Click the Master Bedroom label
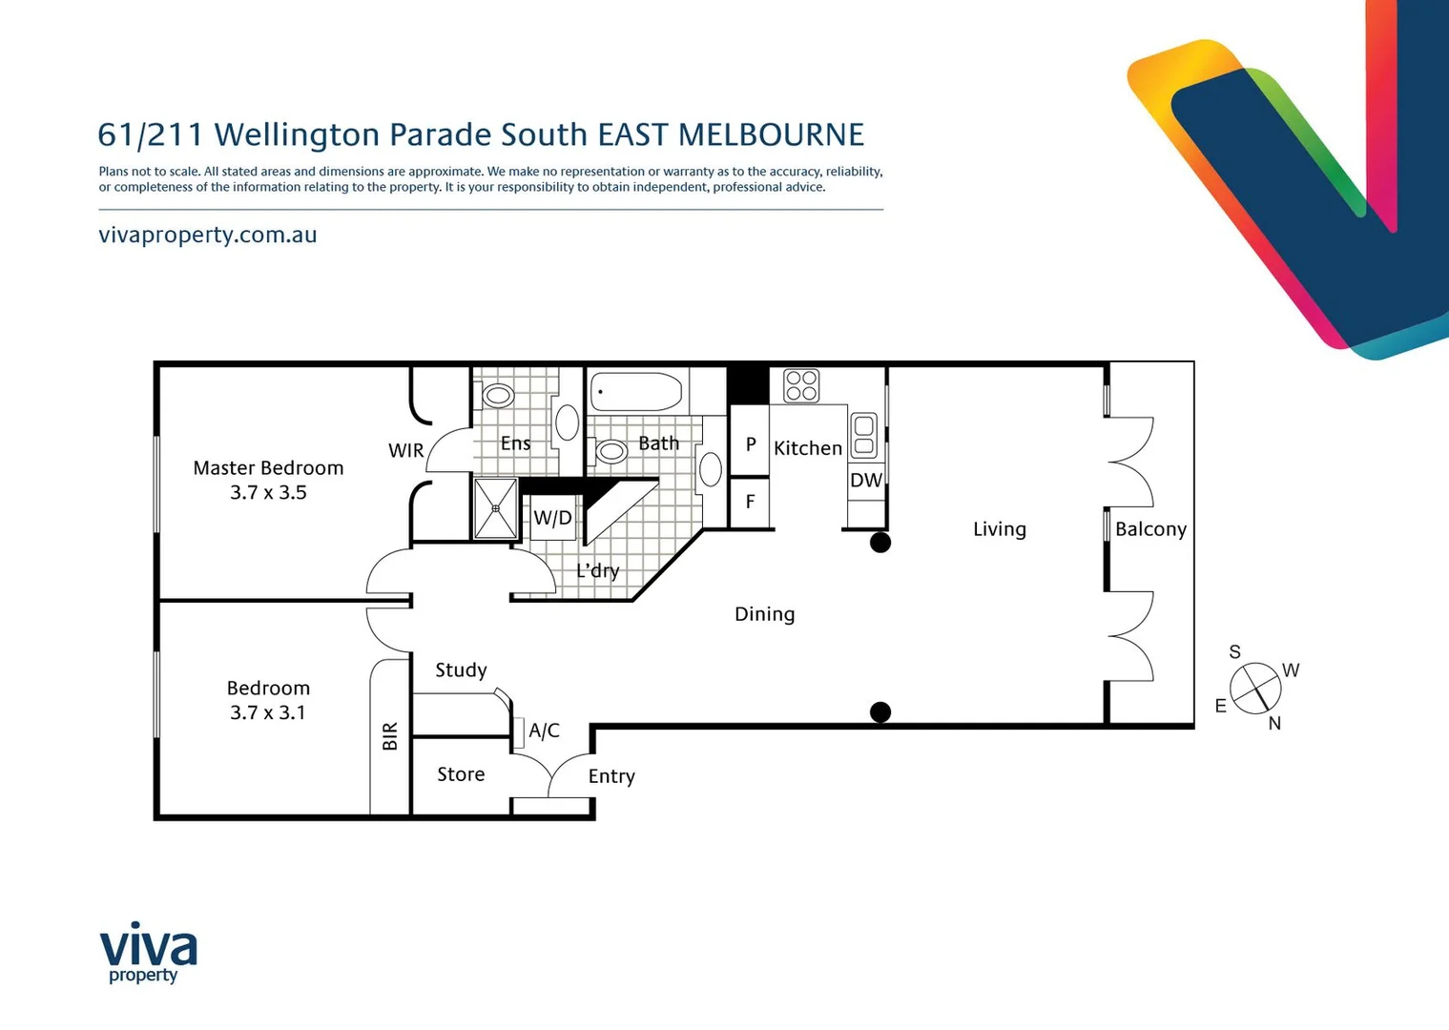click(268, 468)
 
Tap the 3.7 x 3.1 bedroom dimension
click(268, 712)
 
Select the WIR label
click(405, 450)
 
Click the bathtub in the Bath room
click(636, 392)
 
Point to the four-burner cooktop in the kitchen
click(801, 386)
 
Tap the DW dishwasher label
click(865, 481)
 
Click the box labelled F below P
click(750, 503)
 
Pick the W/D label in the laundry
click(552, 518)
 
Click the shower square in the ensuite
click(496, 508)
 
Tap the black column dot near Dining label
click(880, 712)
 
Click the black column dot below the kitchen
click(880, 543)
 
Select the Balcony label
click(1150, 529)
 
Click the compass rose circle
click(1254, 688)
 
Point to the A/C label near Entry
click(544, 731)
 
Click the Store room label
click(461, 774)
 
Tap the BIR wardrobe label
click(390, 736)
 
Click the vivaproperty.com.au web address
click(208, 235)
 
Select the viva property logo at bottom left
click(148, 952)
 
